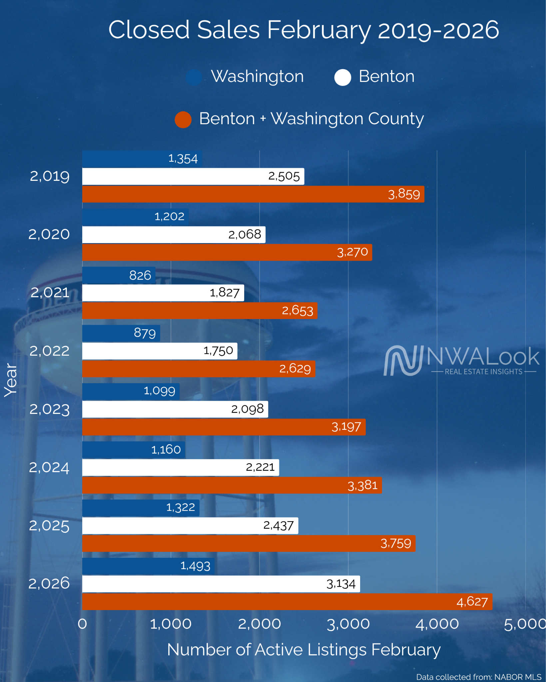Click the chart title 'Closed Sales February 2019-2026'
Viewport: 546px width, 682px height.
coord(303,30)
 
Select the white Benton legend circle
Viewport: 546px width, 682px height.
coord(342,77)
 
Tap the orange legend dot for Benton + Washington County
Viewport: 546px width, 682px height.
coord(183,120)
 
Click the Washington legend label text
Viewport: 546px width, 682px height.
coord(257,77)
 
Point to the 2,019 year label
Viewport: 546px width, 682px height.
coord(50,176)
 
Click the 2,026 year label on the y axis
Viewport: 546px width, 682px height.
coord(49,583)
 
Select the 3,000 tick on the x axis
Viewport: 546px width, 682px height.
coord(348,624)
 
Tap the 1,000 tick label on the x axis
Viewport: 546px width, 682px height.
coord(171,624)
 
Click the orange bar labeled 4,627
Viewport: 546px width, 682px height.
coord(287,601)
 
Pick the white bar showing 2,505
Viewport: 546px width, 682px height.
coord(193,176)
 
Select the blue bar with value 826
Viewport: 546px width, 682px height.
coord(119,275)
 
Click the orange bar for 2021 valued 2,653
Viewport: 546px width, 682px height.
coord(200,310)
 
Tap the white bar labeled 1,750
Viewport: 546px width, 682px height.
coord(160,351)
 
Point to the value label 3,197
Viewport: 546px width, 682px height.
coord(346,427)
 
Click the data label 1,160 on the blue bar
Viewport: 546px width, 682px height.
coord(166,450)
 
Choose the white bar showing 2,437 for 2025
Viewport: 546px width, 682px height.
coord(190,525)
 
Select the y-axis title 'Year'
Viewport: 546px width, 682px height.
coord(11,380)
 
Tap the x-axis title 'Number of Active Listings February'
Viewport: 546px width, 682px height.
coord(303,650)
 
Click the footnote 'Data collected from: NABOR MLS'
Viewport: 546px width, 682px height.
coord(478,677)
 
